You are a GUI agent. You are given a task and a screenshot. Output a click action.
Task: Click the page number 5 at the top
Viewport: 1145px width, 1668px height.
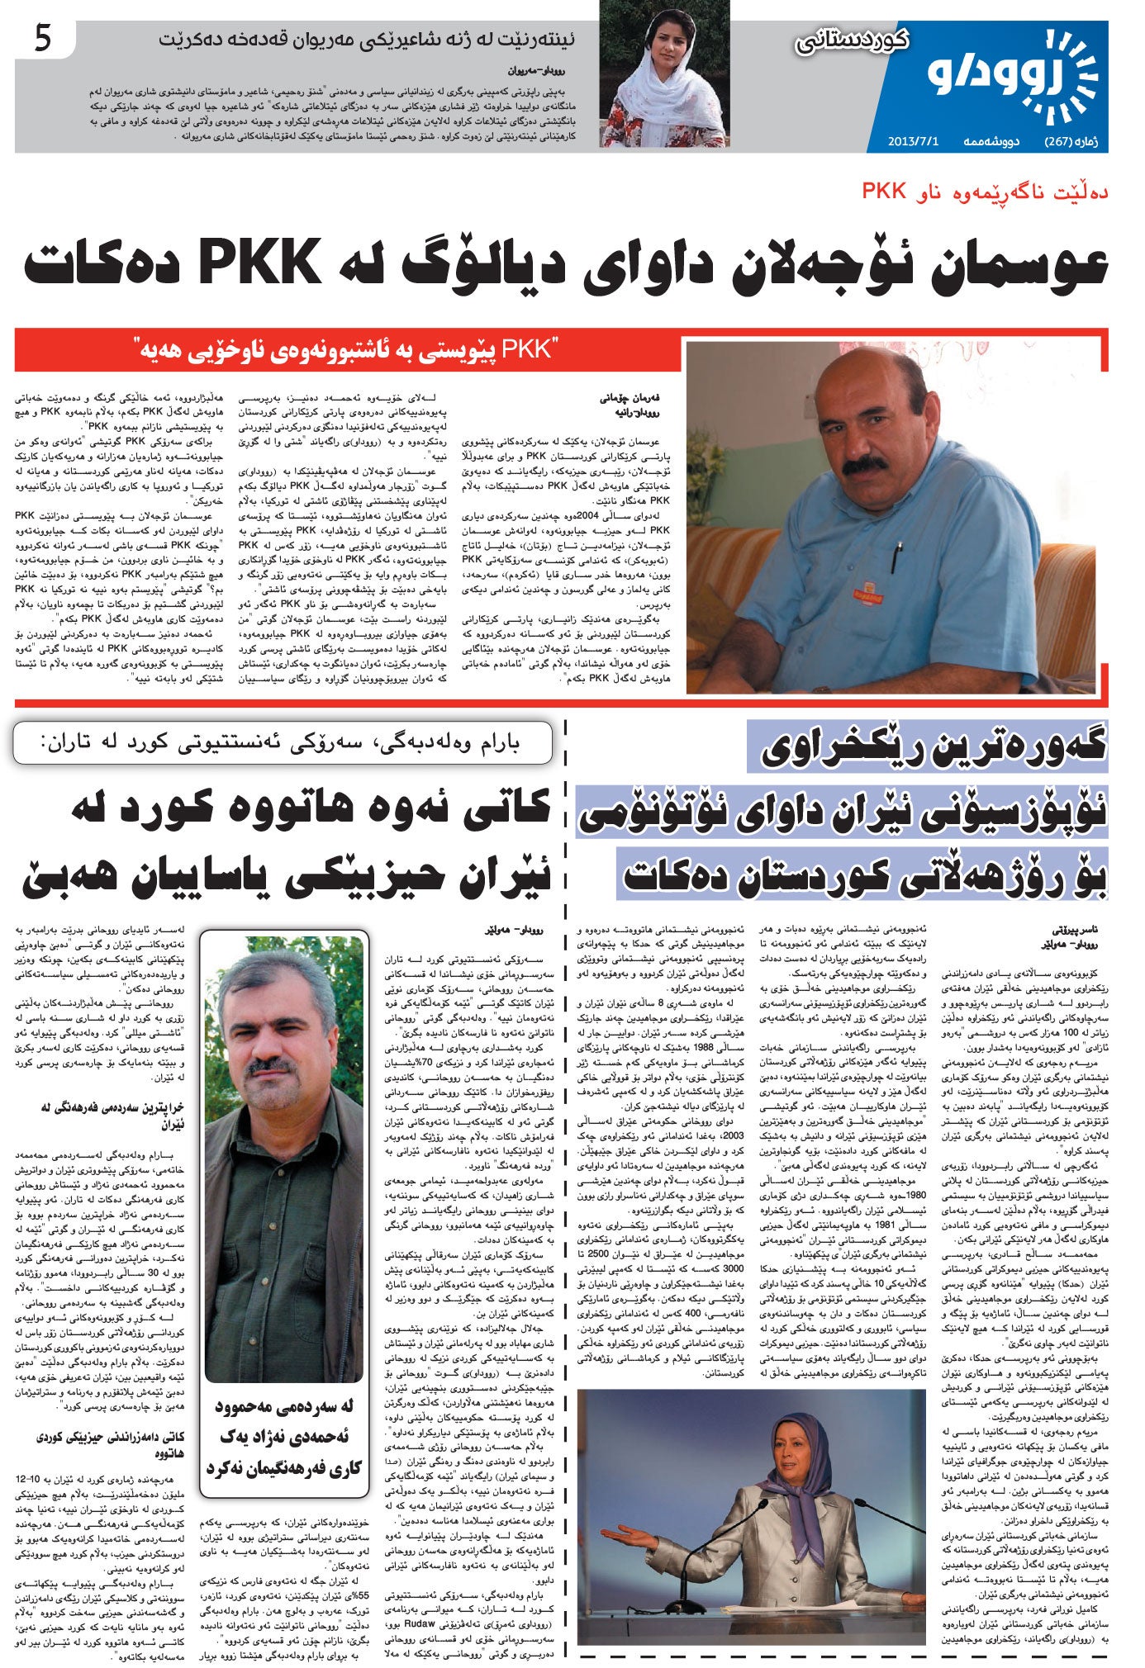tap(43, 40)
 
